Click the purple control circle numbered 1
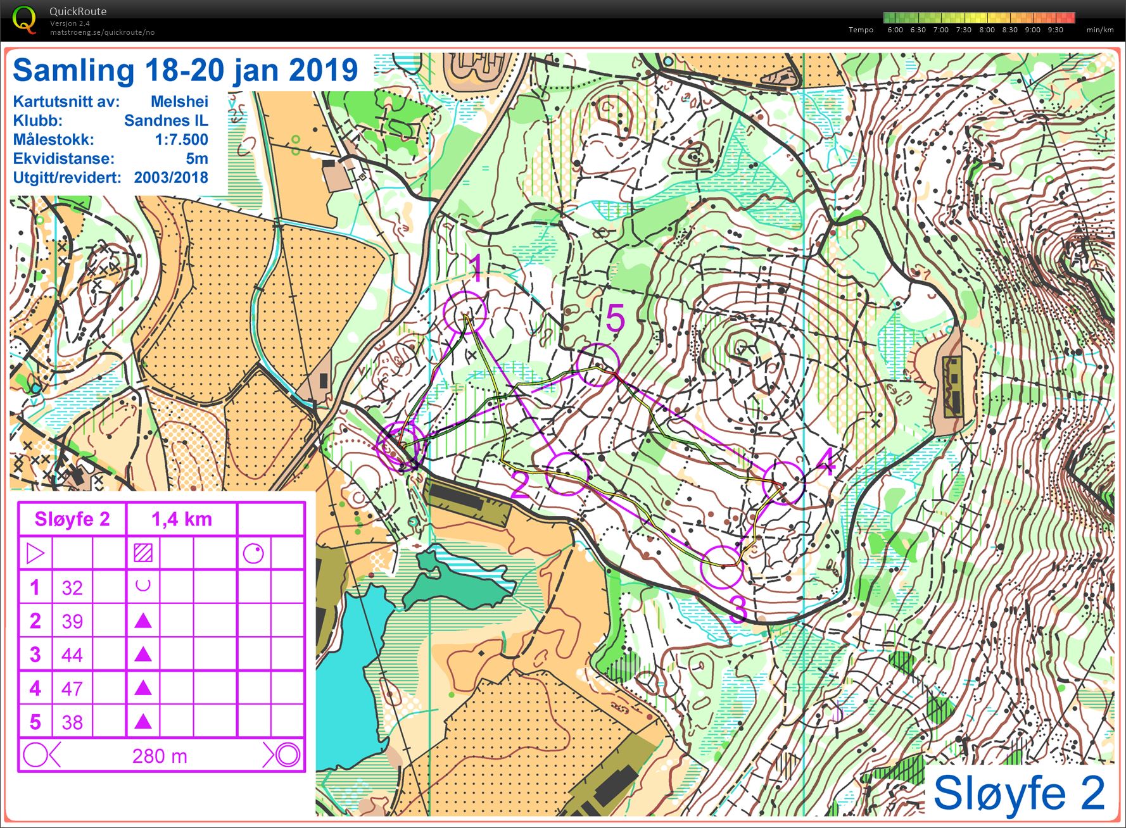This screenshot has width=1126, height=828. (x=465, y=312)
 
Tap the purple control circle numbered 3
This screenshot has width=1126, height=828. (x=722, y=565)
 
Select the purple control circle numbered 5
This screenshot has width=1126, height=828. (x=598, y=365)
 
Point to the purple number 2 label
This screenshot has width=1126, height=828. (x=519, y=486)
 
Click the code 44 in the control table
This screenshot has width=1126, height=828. (x=72, y=655)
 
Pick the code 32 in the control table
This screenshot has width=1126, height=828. (x=72, y=587)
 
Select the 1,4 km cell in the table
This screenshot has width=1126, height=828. (x=182, y=519)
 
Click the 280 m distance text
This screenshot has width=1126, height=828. (x=160, y=756)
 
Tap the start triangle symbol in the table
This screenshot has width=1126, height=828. (x=35, y=553)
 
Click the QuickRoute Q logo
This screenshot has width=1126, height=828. (x=24, y=19)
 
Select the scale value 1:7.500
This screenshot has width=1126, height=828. (x=181, y=139)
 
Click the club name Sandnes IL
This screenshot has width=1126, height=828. (x=166, y=120)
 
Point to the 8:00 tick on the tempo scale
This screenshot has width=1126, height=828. (x=987, y=30)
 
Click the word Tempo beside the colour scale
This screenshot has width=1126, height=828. (x=861, y=30)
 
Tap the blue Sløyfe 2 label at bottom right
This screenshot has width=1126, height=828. (x=1019, y=793)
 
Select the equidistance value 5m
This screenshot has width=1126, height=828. (x=196, y=158)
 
